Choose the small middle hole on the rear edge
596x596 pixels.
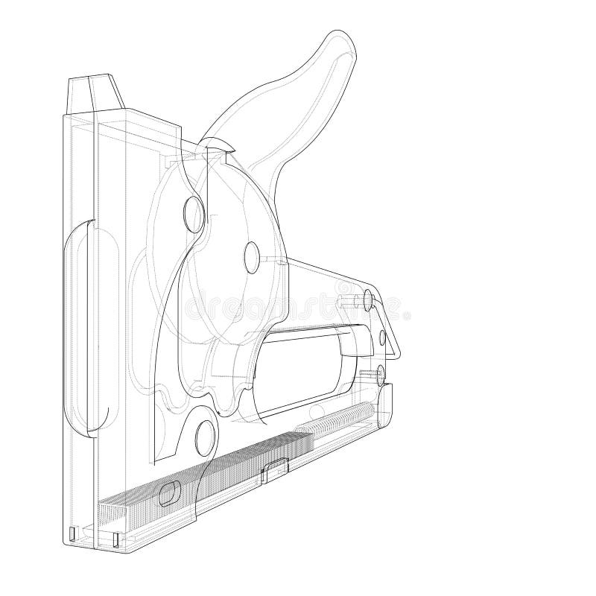click(383, 338)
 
